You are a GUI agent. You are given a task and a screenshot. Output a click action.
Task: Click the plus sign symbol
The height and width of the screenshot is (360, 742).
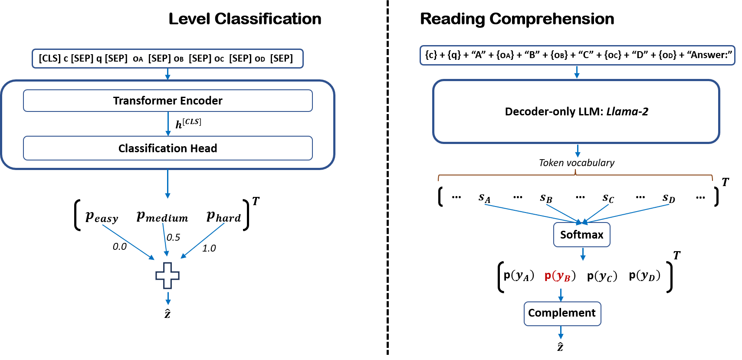point(167,275)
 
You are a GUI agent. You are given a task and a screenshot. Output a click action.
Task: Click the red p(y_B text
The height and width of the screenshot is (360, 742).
point(557,276)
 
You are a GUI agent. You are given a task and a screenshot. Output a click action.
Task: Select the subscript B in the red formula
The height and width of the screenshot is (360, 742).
point(567,279)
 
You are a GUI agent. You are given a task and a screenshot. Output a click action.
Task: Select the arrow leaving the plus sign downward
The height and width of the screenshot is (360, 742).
point(168,298)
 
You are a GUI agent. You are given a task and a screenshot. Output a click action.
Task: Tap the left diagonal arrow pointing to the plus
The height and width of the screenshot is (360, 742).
point(128,242)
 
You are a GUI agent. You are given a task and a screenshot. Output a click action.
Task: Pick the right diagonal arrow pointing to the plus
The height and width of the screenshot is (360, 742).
point(203,241)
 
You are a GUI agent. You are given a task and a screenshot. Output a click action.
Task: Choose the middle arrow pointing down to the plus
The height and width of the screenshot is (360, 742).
point(165,239)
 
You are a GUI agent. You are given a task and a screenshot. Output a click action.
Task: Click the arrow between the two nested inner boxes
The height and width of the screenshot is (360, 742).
point(168,124)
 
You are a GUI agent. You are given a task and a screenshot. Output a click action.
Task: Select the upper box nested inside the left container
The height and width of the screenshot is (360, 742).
point(168,101)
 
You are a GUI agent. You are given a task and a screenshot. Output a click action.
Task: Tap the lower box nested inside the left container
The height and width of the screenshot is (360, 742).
point(168,148)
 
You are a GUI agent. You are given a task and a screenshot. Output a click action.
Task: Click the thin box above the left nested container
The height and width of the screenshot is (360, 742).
point(167,59)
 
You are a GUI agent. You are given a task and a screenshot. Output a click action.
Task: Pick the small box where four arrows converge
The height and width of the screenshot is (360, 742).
point(581,235)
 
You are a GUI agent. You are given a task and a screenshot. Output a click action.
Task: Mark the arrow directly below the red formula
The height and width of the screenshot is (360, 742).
point(561,295)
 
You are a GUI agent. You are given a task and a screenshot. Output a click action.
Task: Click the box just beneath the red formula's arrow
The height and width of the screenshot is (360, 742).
point(562,314)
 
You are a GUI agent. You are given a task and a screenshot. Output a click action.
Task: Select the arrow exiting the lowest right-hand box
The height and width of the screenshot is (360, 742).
point(561,333)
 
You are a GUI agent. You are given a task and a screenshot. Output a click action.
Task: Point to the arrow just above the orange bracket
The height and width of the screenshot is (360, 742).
point(578,151)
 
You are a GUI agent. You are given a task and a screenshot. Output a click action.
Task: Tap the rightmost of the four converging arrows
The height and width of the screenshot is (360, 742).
point(627,214)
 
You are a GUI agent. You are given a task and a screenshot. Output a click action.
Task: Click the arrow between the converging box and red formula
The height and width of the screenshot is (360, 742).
point(583,254)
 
